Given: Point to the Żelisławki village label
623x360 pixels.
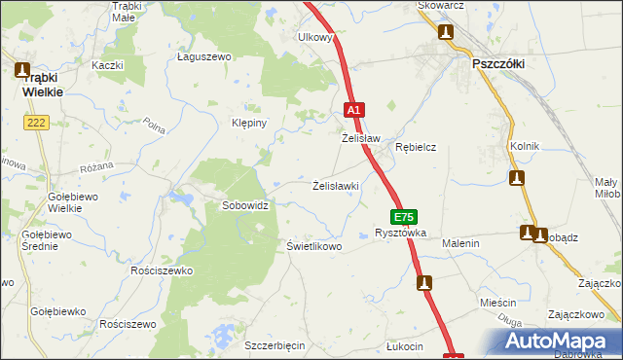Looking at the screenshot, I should (x=337, y=185).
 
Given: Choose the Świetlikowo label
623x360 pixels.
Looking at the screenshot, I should (x=313, y=246).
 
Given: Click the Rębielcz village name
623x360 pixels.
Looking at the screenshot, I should (x=415, y=147).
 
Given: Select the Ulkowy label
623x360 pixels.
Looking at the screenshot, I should (x=315, y=38).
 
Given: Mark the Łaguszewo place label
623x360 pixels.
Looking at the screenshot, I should (x=202, y=57).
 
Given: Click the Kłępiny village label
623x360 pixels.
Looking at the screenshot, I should (x=248, y=125).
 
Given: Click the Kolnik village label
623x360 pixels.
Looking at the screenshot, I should (x=524, y=146).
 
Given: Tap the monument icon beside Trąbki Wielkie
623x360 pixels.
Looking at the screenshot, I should (x=23, y=69).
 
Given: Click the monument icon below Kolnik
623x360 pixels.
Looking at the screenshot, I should (x=517, y=178).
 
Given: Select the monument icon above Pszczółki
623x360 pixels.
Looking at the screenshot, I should (x=446, y=32).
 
